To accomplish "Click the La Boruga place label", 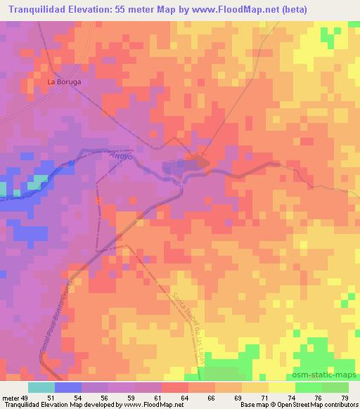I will [x=63, y=82].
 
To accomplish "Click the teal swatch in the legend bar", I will [x=41, y=387].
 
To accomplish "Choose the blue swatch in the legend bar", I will [x=68, y=387].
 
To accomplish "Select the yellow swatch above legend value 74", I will [x=281, y=387].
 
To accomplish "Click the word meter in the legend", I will [x=11, y=397].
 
